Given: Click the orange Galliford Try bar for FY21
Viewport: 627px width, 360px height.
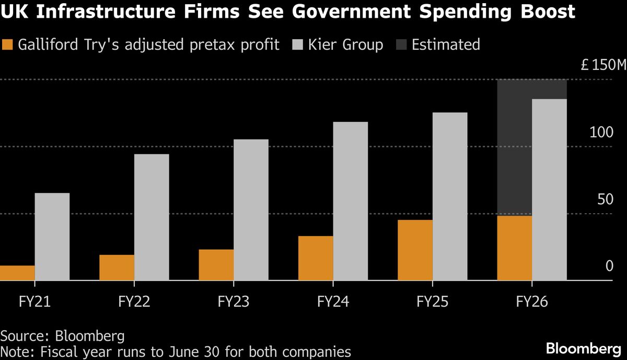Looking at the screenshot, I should [17, 273].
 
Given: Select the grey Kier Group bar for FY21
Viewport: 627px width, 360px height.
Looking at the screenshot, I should [52, 237].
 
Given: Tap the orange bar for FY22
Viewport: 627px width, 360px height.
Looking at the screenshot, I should [117, 268].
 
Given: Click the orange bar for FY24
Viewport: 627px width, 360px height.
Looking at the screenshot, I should [316, 258].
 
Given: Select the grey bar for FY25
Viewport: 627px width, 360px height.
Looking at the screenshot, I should [450, 196].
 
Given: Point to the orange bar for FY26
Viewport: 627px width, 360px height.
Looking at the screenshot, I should [515, 248].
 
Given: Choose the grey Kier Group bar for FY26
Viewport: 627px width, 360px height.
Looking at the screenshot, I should [549, 190].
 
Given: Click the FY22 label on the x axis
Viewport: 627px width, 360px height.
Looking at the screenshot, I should [134, 302].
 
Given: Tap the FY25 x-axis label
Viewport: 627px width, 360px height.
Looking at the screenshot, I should [433, 302].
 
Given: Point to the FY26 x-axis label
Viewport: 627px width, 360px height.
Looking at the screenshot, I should [532, 302].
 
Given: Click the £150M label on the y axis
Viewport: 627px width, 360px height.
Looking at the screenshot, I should [603, 66].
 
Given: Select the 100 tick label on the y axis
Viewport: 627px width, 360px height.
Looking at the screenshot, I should [601, 132].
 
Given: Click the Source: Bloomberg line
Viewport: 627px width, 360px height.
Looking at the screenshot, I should [59, 335].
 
